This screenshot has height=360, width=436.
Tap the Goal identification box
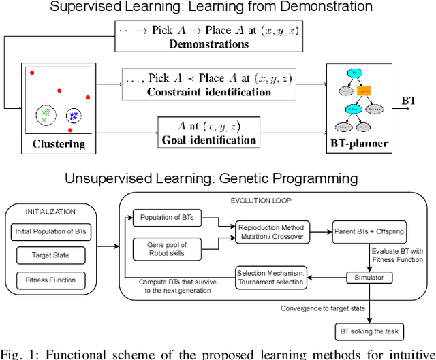208,132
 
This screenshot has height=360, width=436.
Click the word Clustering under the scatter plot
59,144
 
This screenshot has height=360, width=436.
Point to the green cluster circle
46,114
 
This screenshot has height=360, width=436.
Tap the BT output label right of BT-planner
409,101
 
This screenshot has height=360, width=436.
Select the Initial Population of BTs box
52,231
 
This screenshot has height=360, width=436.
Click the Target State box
52,256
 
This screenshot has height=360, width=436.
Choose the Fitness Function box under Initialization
52,280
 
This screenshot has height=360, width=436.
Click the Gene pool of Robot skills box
167,248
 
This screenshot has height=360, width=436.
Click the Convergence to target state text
322,308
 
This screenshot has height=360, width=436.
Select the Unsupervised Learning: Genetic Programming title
211,179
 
